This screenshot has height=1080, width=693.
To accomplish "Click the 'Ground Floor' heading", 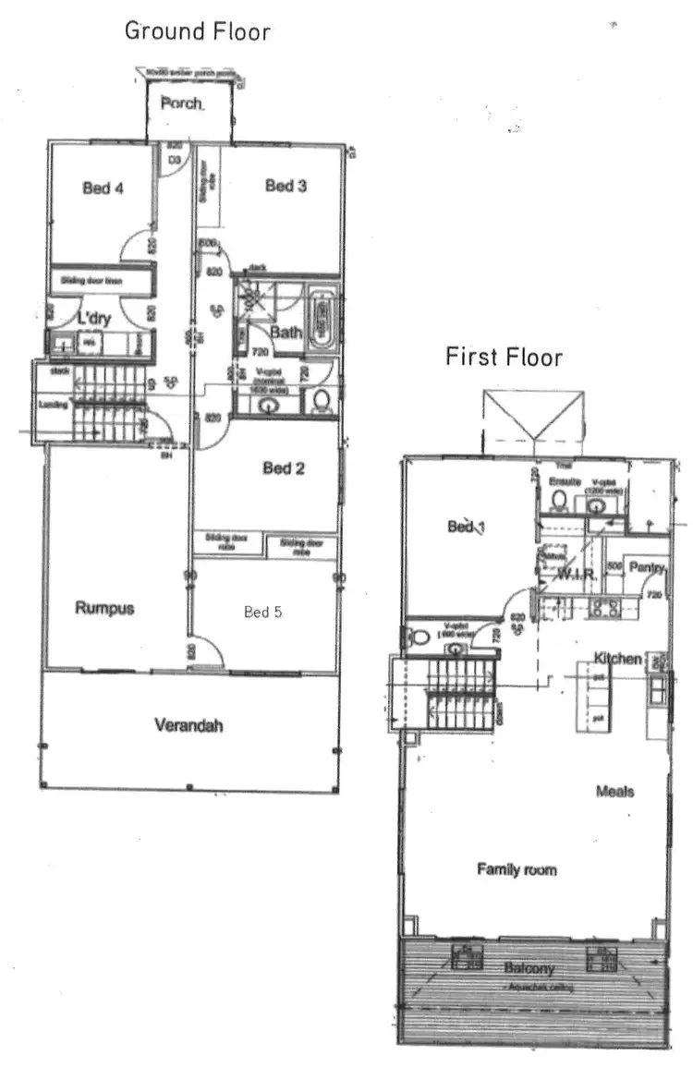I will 197,30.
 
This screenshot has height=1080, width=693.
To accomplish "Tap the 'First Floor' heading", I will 504,357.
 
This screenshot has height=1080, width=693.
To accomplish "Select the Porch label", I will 182,103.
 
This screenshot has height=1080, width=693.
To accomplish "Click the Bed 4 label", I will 103,188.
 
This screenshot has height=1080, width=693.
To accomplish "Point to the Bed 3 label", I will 286,187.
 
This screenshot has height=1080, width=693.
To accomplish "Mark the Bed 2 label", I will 284,468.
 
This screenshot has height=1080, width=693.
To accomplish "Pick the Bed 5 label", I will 263,612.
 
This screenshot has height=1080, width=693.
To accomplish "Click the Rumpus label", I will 104,608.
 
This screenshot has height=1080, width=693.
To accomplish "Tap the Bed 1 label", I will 467,527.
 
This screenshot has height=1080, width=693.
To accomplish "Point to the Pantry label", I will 647,565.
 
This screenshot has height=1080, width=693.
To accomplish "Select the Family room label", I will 517,869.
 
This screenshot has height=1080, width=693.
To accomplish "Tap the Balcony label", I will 529,968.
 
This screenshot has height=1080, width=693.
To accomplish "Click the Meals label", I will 614,792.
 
